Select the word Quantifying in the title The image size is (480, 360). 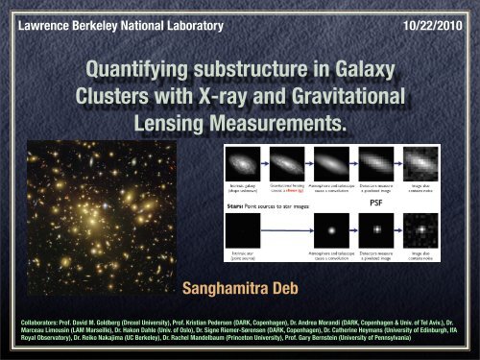pyautogui.click(x=140, y=71)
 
